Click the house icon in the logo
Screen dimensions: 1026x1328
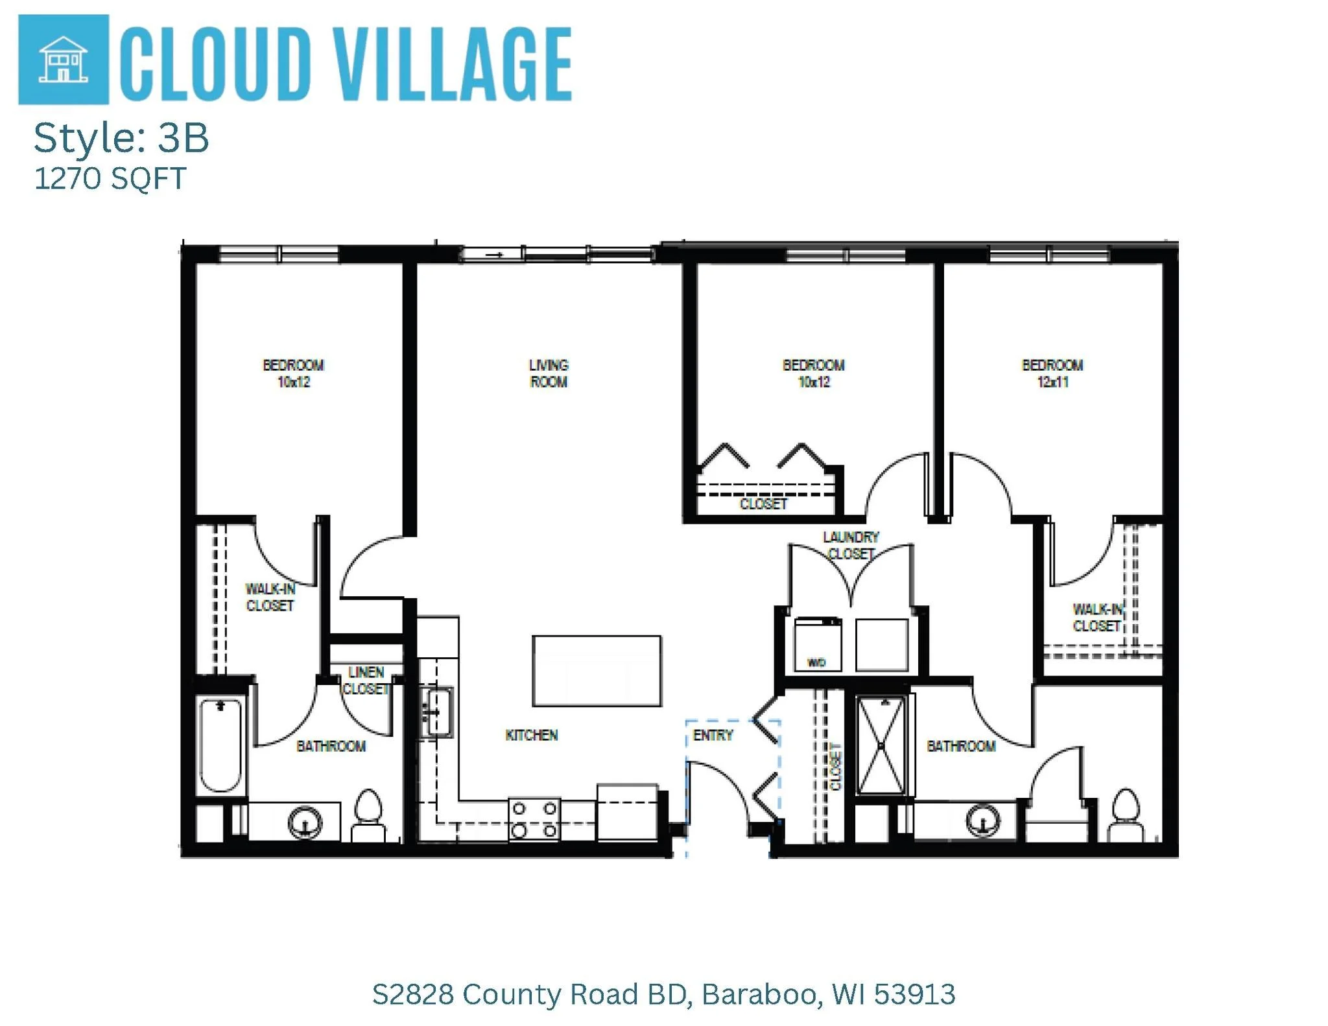click(x=63, y=59)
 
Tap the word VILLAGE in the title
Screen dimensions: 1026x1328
click(x=453, y=64)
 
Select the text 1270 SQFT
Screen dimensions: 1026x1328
click(x=110, y=178)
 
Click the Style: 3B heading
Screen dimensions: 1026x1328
click(x=121, y=137)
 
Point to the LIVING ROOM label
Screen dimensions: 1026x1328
click(x=549, y=373)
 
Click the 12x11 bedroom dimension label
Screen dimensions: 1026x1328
click(x=1052, y=382)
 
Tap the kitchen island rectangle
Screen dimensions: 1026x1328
click(x=597, y=670)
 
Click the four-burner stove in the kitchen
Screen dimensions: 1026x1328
click(x=534, y=819)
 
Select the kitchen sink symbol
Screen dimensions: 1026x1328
click(x=437, y=712)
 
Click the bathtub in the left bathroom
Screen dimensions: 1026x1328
click(x=220, y=745)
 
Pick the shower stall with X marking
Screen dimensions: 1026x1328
click(x=881, y=745)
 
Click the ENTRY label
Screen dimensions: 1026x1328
click(x=713, y=735)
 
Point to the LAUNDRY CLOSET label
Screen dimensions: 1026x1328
click(x=851, y=545)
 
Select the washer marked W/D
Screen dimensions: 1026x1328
click(x=818, y=645)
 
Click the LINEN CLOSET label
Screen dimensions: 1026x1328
click(x=366, y=680)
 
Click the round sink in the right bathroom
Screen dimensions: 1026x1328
click(x=983, y=821)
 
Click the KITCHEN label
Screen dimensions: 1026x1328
click(x=532, y=735)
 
